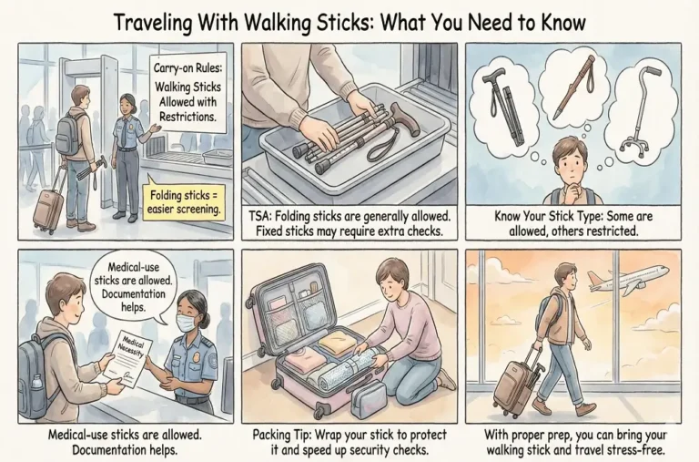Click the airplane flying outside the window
[628, 277]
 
